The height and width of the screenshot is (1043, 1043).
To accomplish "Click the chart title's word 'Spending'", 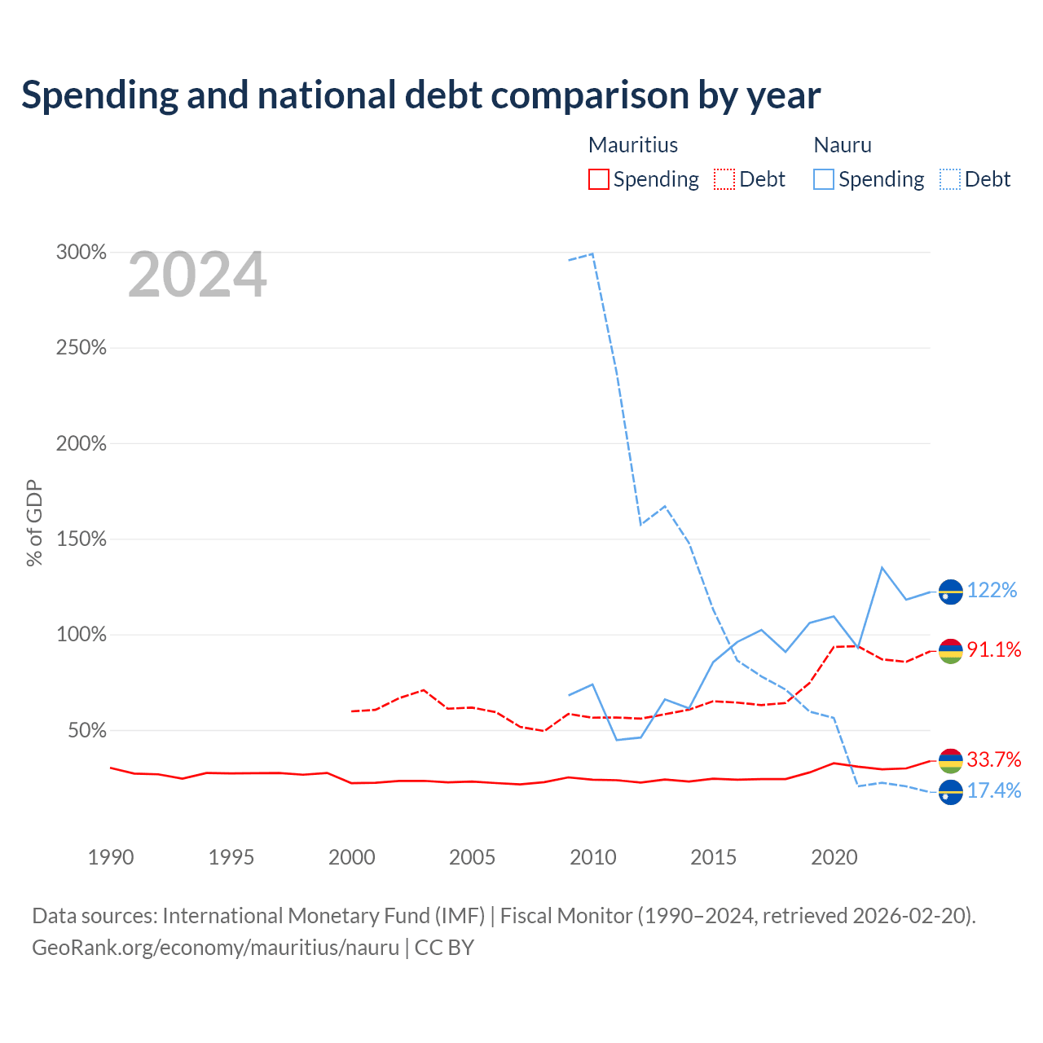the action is pyautogui.click(x=99, y=96).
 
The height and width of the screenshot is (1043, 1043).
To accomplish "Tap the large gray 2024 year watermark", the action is pyautogui.click(x=197, y=275).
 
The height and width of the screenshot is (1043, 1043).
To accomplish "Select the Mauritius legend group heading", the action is pyautogui.click(x=633, y=145).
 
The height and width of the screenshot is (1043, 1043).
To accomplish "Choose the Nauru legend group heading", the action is pyautogui.click(x=843, y=145).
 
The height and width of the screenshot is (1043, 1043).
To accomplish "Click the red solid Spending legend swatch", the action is pyautogui.click(x=598, y=179).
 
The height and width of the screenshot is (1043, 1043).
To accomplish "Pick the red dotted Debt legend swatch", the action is pyautogui.click(x=724, y=179).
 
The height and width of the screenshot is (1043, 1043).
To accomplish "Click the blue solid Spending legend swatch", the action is pyautogui.click(x=823, y=179).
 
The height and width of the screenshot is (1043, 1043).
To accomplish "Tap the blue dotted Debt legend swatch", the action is pyautogui.click(x=949, y=179).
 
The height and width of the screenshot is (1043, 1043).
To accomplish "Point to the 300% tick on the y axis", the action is pyautogui.click(x=81, y=253).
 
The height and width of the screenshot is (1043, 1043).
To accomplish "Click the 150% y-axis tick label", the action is pyautogui.click(x=81, y=539).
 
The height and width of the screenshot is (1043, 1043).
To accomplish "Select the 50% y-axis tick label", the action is pyautogui.click(x=86, y=731).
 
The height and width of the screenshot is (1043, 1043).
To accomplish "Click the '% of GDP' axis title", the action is pyautogui.click(x=34, y=523).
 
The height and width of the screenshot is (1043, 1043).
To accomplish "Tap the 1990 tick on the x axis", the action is pyautogui.click(x=111, y=857).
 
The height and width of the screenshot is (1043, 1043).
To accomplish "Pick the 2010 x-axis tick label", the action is pyautogui.click(x=593, y=857).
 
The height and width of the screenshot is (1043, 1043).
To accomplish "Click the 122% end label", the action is pyautogui.click(x=992, y=590).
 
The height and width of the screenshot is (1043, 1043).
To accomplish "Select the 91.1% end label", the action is pyautogui.click(x=994, y=649).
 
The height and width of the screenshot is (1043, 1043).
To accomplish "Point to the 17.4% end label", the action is pyautogui.click(x=994, y=790).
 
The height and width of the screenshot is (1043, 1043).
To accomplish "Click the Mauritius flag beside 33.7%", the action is pyautogui.click(x=950, y=761).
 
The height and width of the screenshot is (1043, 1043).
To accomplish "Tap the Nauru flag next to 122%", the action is pyautogui.click(x=950, y=592).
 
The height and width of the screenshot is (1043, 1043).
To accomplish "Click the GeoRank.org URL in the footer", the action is pyautogui.click(x=215, y=948).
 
